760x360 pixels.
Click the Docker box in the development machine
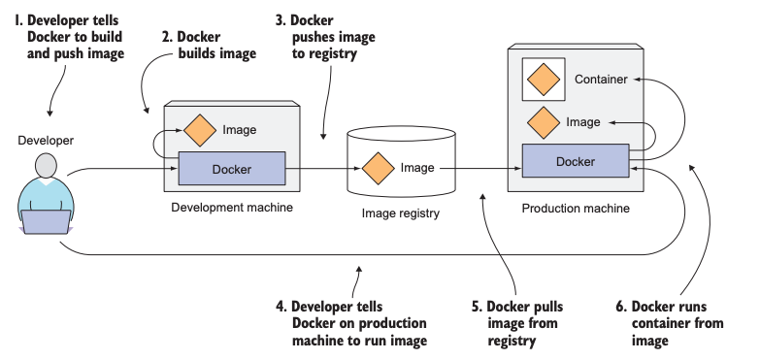[232, 169]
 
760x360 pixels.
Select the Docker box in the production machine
[576, 161]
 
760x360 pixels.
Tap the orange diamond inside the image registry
[379, 169]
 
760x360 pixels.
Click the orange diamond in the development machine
[200, 130]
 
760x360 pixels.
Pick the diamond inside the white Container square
[544, 80]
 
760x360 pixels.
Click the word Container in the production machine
[601, 80]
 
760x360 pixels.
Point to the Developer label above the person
[46, 141]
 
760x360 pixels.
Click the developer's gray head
[46, 166]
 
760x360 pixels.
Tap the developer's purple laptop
[46, 222]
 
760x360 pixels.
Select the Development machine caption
[232, 208]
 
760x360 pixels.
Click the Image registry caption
[400, 213]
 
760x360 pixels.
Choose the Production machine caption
[576, 209]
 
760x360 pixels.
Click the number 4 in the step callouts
[281, 307]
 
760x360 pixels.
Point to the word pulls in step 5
[548, 308]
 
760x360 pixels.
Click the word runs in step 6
[692, 307]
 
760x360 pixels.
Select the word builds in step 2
[197, 53]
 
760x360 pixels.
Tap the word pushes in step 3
[313, 38]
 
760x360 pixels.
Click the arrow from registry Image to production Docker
[480, 169]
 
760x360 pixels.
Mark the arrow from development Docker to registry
[323, 169]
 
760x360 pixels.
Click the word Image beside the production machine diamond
[583, 122]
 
